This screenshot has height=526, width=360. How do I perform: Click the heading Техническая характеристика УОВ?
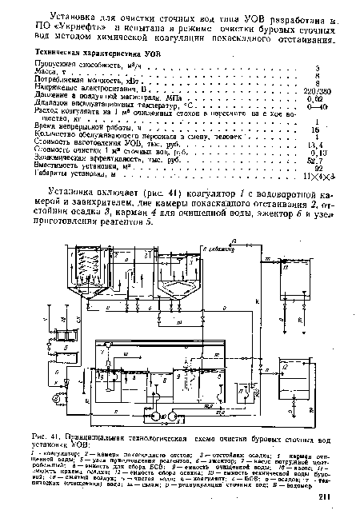pyautogui.click(x=96, y=50)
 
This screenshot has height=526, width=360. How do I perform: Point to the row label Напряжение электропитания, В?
pyautogui.click(x=87, y=89)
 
